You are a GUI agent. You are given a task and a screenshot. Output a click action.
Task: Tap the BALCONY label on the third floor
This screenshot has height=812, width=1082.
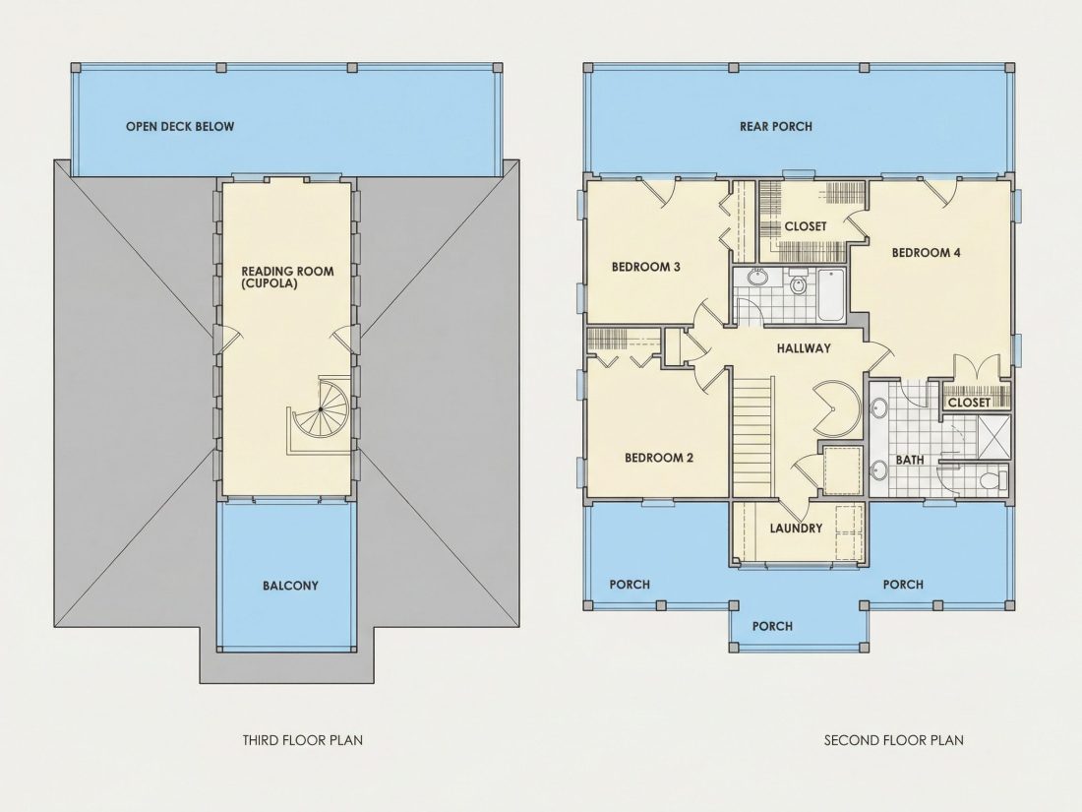click(x=290, y=586)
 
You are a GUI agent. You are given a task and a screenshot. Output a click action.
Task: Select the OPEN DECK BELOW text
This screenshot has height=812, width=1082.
click(x=180, y=126)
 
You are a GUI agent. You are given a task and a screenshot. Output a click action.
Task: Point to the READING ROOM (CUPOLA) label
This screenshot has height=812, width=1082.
click(x=287, y=277)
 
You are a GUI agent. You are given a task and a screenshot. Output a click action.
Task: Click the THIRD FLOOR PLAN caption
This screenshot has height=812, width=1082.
click(x=302, y=740)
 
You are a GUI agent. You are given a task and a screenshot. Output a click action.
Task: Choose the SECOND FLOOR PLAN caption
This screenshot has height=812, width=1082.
click(x=893, y=740)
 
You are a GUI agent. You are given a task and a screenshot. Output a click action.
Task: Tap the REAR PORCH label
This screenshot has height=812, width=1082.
click(x=776, y=126)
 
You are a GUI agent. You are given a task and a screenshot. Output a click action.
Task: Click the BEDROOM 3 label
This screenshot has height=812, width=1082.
click(x=646, y=267)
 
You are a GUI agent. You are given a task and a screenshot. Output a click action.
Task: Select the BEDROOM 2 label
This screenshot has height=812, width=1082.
click(x=659, y=458)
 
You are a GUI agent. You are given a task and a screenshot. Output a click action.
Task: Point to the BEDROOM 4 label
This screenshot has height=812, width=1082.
click(x=926, y=253)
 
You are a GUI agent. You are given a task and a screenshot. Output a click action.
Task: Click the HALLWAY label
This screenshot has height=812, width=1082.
click(x=804, y=348)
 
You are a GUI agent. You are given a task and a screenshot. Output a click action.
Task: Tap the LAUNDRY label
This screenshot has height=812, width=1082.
click(x=797, y=529)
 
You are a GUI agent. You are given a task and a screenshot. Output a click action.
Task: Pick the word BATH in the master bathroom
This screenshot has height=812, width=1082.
click(x=910, y=460)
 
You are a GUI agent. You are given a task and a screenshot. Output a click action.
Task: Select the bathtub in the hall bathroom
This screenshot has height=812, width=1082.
click(x=831, y=295)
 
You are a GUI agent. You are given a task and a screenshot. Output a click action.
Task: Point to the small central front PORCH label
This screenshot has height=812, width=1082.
click(x=772, y=626)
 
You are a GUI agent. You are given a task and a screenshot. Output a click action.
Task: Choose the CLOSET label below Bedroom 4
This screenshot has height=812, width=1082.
click(x=969, y=403)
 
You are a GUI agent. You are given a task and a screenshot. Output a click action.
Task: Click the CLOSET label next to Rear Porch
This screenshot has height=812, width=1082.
click(x=806, y=226)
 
